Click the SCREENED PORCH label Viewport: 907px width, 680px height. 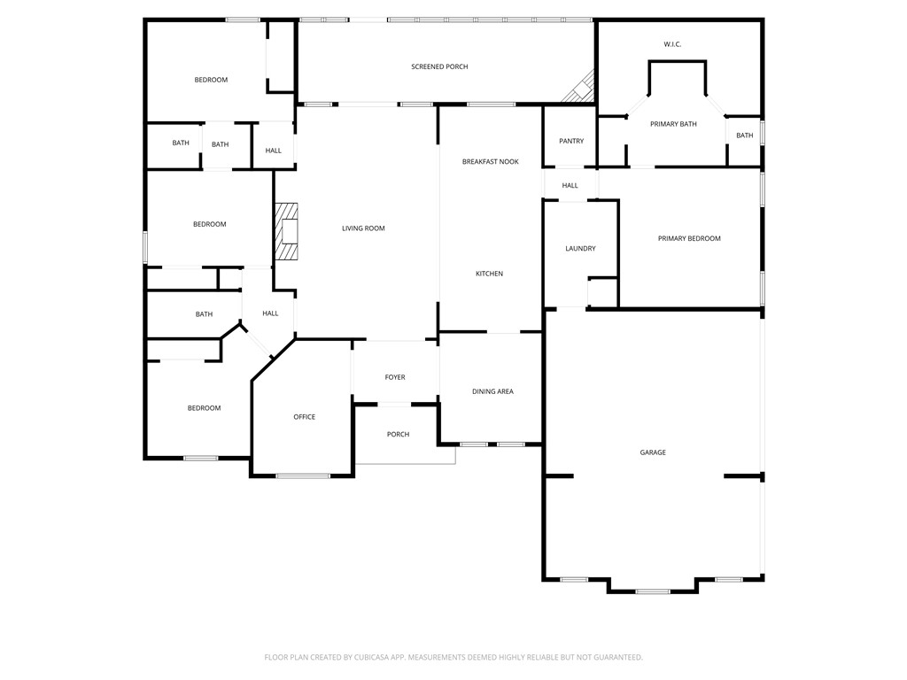(x=439, y=67)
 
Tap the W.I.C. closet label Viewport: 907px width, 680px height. (x=672, y=44)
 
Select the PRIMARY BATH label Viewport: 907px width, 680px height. (x=673, y=124)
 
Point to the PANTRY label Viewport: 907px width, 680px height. (x=570, y=142)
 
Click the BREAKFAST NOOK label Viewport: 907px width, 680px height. (x=490, y=162)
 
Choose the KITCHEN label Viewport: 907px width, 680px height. (x=489, y=274)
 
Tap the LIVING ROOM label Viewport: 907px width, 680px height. (x=363, y=228)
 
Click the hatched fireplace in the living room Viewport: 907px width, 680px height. (x=287, y=231)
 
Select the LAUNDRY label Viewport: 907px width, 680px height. (x=580, y=249)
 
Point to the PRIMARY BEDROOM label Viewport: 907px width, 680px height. (x=688, y=239)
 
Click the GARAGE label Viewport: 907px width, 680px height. (x=653, y=453)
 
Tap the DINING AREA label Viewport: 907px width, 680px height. (x=492, y=391)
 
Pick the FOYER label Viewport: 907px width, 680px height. (x=395, y=378)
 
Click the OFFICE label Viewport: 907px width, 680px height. (x=304, y=417)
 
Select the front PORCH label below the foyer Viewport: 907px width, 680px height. (x=398, y=435)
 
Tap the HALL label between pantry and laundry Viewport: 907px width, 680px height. (x=570, y=186)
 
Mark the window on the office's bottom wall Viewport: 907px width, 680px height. (x=303, y=476)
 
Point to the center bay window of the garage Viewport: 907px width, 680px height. (x=653, y=591)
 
